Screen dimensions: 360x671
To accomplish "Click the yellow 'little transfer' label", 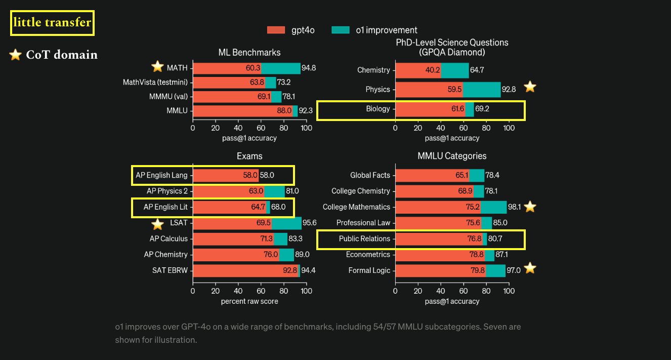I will coord(53,23).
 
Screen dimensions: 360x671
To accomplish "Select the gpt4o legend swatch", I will coord(276,30).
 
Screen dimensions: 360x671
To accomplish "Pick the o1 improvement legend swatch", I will coord(341,30).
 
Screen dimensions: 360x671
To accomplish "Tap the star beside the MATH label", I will coord(158,67).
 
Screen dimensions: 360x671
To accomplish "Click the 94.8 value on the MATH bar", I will coord(309,68).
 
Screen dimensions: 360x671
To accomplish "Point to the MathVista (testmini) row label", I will coord(155,82).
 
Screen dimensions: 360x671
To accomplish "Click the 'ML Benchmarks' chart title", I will coord(249,52).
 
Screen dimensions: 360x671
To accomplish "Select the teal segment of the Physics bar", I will coord(482,90).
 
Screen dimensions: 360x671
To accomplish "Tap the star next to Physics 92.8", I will coord(530,87).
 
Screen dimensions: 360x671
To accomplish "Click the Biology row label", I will coord(378,109).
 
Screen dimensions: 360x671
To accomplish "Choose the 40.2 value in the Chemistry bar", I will coord(433,70).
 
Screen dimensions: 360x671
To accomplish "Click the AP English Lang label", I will coord(161,175).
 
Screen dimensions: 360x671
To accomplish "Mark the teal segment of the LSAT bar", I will coord(287,223).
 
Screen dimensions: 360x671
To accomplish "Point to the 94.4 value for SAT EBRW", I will coord(309,270).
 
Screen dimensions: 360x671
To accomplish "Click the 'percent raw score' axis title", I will coord(249,301).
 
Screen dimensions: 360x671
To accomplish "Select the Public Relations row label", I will coord(364,238).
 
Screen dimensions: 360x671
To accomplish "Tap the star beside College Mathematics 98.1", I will coord(530,207).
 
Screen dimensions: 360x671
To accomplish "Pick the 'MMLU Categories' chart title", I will coord(452,156).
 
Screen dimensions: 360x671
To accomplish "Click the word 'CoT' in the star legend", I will coord(38,55).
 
